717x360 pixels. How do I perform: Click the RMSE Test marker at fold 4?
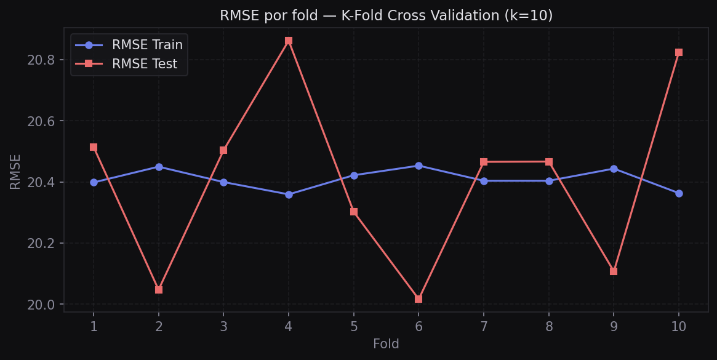[289, 41]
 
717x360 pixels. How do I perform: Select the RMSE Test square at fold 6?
[419, 299]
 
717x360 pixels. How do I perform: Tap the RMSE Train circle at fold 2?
[159, 167]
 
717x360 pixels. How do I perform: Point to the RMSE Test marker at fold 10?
[679, 52]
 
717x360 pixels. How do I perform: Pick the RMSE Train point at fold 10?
[679, 193]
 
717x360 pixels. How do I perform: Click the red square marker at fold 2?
[159, 290]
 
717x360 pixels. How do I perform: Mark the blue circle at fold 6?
[419, 166]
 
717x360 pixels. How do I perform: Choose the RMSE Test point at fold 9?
[614, 271]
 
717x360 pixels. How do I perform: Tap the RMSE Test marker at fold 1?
[94, 147]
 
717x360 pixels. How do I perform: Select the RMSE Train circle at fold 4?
[289, 194]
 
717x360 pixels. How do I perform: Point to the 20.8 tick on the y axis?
[41, 60]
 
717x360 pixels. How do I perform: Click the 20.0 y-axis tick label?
[41, 305]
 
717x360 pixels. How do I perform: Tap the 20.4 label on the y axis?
[41, 182]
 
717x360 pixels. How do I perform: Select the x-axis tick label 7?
[484, 327]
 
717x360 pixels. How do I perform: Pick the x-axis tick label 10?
[679, 327]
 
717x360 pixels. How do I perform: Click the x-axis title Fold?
[386, 345]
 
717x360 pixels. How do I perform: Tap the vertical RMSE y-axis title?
[15, 171]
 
